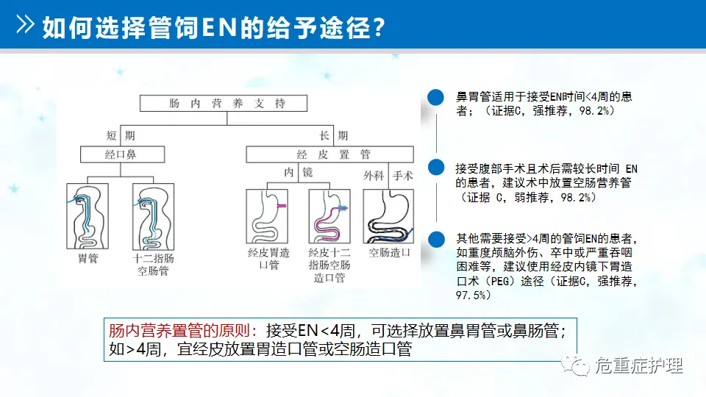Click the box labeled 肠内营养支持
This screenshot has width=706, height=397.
(x=227, y=104)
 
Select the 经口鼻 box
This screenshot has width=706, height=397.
(x=121, y=154)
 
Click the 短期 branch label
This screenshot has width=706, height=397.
(x=121, y=135)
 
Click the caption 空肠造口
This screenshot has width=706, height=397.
(x=389, y=252)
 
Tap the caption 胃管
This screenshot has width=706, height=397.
(x=88, y=259)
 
